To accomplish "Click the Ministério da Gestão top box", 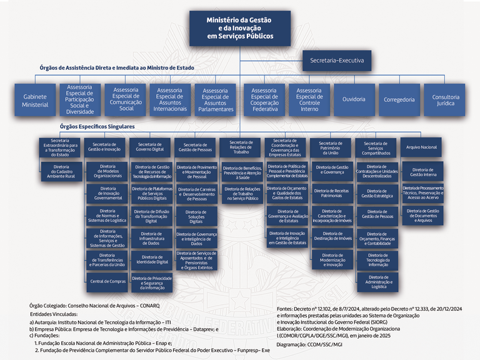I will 240,28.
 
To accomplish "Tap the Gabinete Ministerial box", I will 35,101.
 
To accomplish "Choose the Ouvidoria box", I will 354,99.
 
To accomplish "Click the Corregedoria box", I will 399,99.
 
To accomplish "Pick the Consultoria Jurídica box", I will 445,100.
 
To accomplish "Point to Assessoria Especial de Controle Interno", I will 309,99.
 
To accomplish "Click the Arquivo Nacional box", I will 421,147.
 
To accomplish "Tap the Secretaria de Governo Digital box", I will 150,147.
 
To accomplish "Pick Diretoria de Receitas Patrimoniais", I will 331,192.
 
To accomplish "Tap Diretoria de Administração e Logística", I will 377,281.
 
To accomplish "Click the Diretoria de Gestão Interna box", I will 422,171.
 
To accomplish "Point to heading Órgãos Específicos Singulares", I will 97,126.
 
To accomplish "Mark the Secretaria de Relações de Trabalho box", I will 241,147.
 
